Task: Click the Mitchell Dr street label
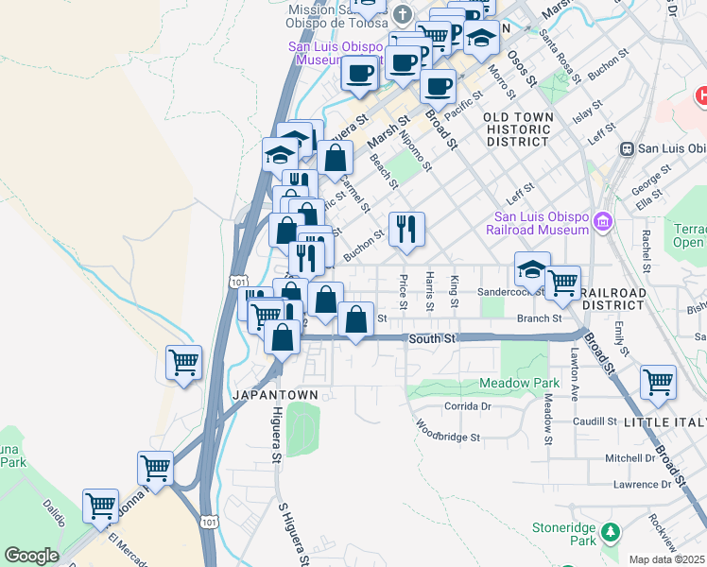(629, 457)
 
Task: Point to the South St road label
(432, 337)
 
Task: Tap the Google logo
(31, 556)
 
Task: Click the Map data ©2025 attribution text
(666, 559)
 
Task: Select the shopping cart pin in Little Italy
(658, 382)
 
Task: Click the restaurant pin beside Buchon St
(406, 228)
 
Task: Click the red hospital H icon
(701, 95)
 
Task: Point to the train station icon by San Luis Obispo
(626, 148)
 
